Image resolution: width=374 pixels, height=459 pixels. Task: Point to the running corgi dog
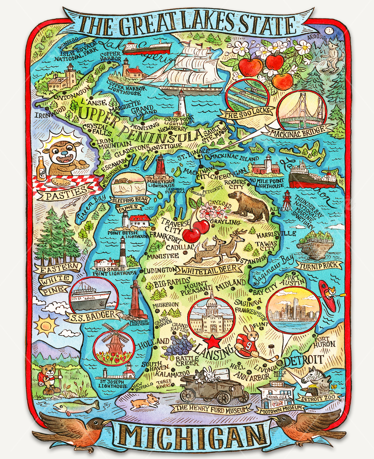coord(145,403)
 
